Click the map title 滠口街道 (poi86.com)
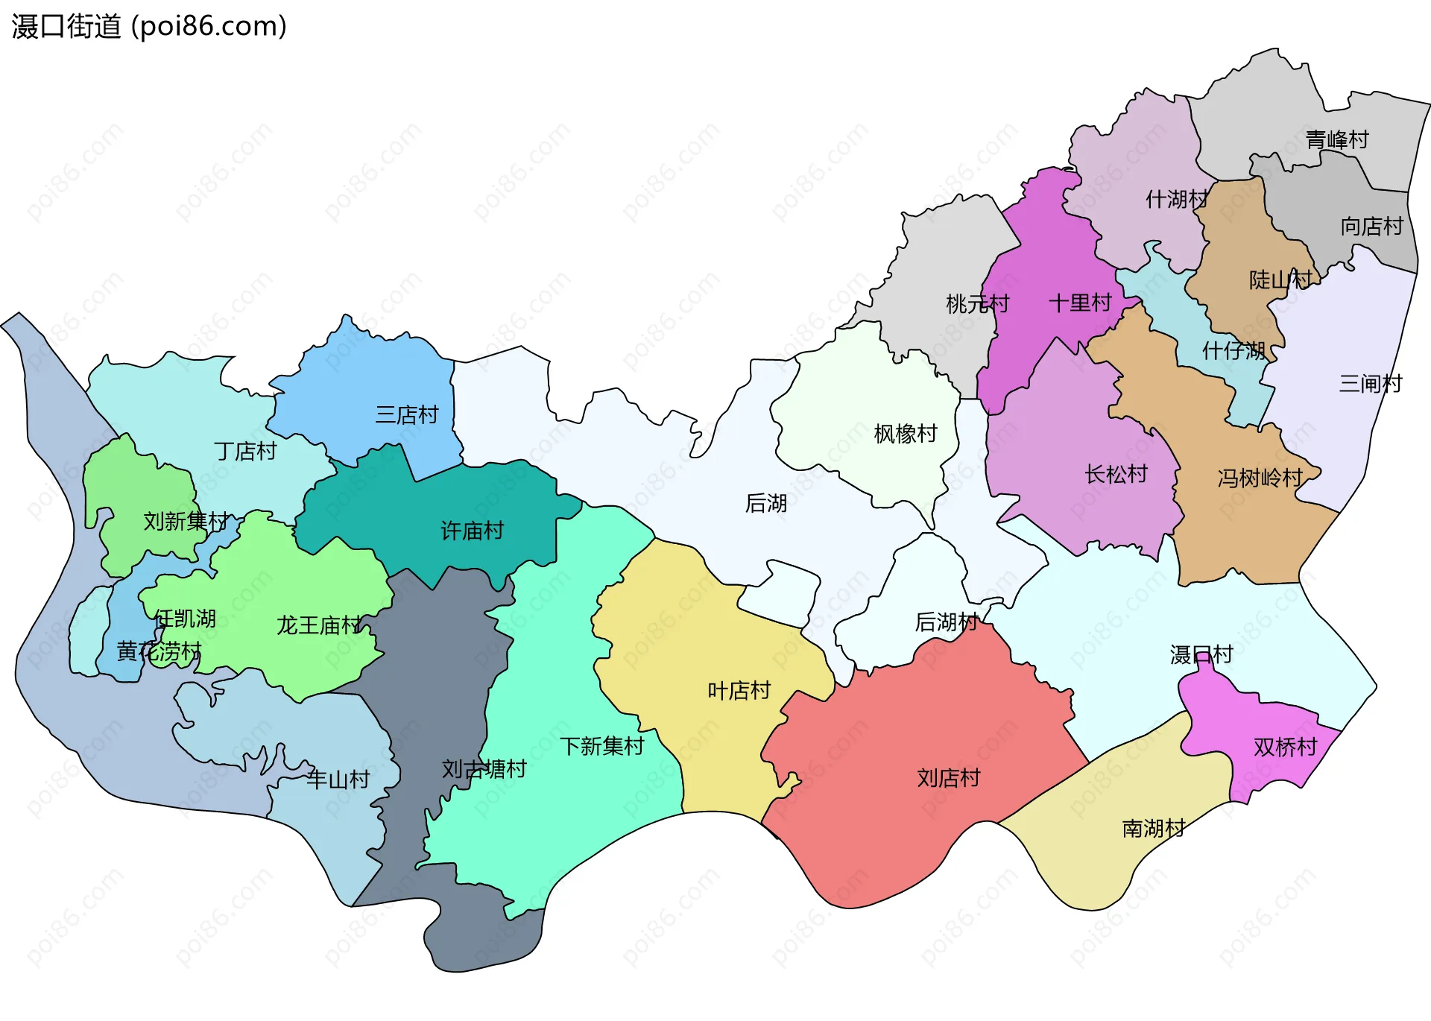[x=149, y=26]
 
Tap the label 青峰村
[x=1337, y=139]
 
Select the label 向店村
[x=1371, y=226]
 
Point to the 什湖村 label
[x=1176, y=199]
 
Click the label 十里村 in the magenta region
[x=1080, y=303]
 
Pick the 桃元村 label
[x=977, y=303]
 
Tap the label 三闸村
[x=1370, y=383]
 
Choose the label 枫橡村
[x=905, y=433]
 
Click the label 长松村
[x=1116, y=474]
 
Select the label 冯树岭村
[x=1260, y=478]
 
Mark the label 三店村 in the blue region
[x=407, y=414]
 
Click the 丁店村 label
[x=245, y=451]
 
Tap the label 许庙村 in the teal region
[x=472, y=531]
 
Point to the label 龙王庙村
[x=319, y=625]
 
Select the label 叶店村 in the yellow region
[x=739, y=690]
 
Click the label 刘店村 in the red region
[x=948, y=777]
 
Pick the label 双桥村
[x=1285, y=746]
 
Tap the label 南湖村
[x=1153, y=828]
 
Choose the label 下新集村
[x=601, y=745]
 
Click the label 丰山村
[x=338, y=780]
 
